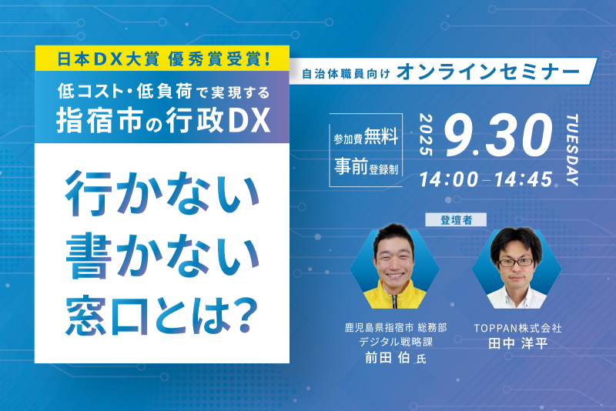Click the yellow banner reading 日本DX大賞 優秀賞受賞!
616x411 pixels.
[162, 58]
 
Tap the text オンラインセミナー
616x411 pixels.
[488, 72]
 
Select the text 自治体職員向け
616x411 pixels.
[346, 74]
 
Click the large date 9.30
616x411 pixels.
[499, 135]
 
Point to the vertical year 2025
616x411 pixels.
[426, 135]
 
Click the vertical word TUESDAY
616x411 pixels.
[572, 149]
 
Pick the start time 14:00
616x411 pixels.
[449, 179]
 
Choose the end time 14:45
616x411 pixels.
[524, 179]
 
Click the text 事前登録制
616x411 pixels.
[367, 166]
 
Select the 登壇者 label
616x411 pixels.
[456, 220]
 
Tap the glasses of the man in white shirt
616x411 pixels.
[515, 262]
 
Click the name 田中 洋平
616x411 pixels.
[517, 343]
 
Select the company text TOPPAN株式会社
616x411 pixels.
[517, 328]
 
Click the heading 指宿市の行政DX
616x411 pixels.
[163, 120]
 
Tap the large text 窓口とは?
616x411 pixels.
[162, 315]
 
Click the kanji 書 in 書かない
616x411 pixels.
[89, 256]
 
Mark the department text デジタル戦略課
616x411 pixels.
[396, 342]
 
